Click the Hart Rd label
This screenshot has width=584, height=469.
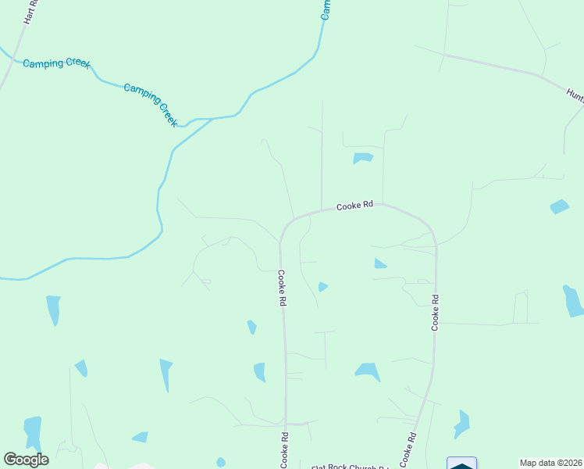tap(30, 12)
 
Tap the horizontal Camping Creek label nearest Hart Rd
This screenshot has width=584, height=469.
tap(57, 63)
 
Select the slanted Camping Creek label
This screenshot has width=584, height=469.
tap(151, 105)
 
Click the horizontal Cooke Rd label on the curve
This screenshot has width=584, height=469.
tap(355, 206)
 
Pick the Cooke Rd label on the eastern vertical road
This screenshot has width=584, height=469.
tap(436, 312)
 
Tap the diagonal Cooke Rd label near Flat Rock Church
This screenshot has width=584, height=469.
tap(408, 449)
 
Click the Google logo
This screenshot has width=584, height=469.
tap(26, 460)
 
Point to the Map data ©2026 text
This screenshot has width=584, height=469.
tap(550, 463)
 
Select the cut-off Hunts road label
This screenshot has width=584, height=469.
tap(575, 95)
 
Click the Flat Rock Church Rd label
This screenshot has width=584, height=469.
tap(350, 467)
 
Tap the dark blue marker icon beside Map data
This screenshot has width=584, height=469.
tap(461, 464)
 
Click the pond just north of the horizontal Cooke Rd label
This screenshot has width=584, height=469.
tap(362, 158)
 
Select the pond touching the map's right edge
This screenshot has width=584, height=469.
tap(573, 300)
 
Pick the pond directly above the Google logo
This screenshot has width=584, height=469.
tap(33, 432)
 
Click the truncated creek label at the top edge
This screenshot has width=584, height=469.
tap(326, 9)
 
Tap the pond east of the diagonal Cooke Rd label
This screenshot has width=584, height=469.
tap(462, 423)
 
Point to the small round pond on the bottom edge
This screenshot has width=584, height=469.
tap(221, 462)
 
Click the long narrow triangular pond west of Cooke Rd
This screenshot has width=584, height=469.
tap(166, 374)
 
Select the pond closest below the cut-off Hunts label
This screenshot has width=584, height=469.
tap(560, 206)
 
